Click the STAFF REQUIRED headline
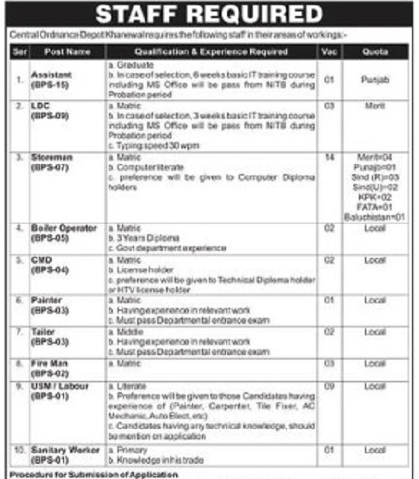point(209,14)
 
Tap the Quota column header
point(374,52)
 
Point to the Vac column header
point(328,52)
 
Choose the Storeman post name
point(51,154)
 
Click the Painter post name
point(46,300)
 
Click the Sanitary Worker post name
point(66,451)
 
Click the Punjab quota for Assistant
point(374,77)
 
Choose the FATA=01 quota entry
point(374,205)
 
